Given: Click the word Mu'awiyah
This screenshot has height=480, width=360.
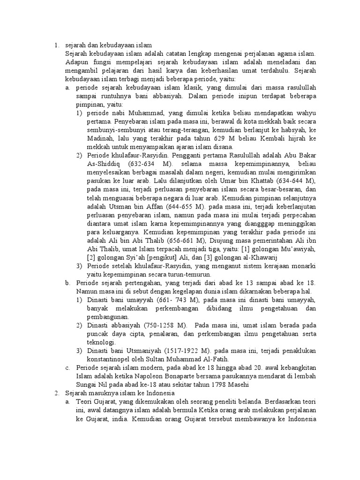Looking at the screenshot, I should [x=298, y=249].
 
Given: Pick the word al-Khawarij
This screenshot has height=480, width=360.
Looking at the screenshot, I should [x=246, y=257].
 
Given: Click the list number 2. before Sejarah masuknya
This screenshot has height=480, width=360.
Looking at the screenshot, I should [x=55, y=393].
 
